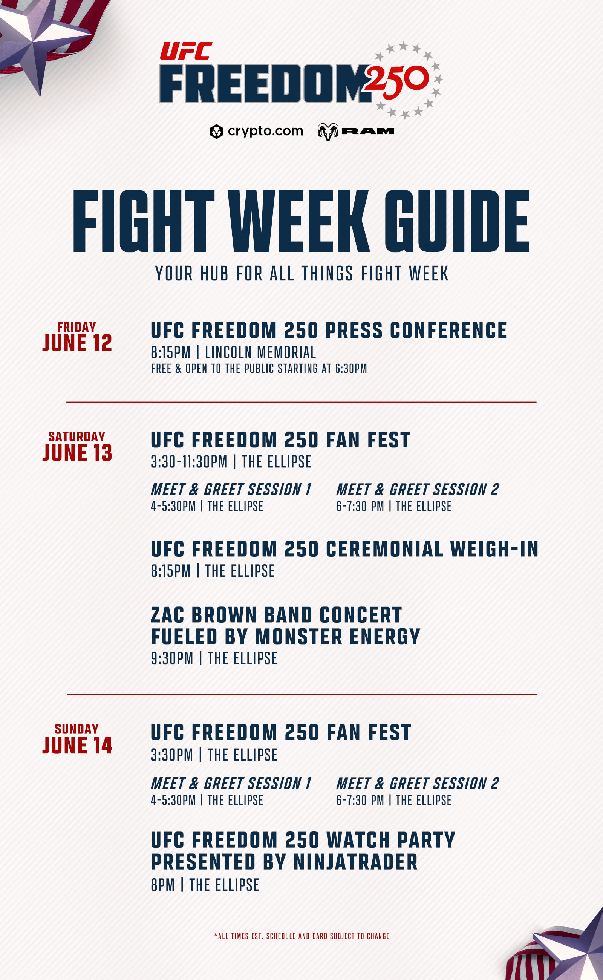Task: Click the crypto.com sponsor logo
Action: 256,131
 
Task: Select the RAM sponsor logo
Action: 356,132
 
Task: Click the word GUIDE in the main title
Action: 457,221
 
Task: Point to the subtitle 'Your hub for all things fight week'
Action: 302,274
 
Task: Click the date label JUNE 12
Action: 77,343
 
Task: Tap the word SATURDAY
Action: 77,436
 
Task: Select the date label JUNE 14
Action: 77,745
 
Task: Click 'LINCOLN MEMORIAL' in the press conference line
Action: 260,352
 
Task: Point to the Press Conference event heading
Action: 329,331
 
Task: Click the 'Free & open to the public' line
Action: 259,369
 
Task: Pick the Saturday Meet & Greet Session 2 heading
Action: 418,489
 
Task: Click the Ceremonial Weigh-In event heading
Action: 345,549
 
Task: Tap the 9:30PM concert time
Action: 172,658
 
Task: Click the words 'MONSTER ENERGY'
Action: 338,636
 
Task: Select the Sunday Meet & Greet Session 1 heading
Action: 231,783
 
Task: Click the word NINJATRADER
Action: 356,862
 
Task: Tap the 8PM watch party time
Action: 163,885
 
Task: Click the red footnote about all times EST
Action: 301,936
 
